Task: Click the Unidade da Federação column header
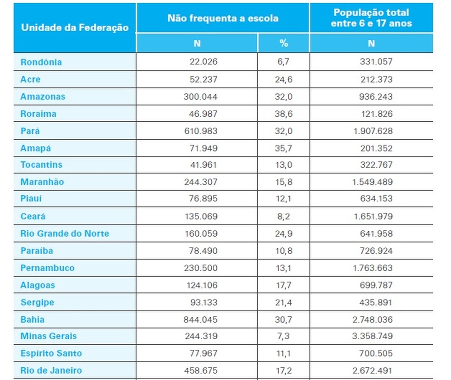[74, 27]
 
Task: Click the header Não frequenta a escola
[222, 18]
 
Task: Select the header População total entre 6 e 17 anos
[371, 18]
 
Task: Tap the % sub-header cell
[283, 43]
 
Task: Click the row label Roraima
[38, 114]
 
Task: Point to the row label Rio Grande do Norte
[65, 233]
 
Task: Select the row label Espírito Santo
[51, 353]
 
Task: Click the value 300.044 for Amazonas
[201, 97]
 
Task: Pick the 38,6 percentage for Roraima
[283, 114]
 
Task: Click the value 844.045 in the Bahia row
[201, 320]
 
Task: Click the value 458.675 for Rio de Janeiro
[201, 370]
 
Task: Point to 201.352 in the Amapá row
[376, 148]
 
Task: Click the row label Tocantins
[41, 165]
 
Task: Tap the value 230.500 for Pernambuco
[201, 268]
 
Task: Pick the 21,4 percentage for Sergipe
[283, 302]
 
